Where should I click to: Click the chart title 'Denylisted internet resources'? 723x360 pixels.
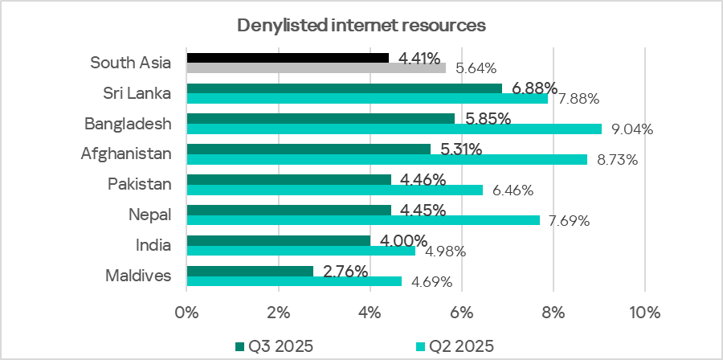point(361,26)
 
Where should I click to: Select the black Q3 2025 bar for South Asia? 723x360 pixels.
point(288,58)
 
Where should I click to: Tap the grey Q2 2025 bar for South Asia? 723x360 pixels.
point(317,68)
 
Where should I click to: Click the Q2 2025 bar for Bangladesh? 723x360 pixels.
point(394,129)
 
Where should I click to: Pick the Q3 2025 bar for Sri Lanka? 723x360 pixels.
point(344,88)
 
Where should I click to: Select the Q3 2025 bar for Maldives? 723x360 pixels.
point(250,271)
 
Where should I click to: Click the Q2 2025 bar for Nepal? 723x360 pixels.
point(363,220)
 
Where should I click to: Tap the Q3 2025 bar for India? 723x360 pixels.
point(278,240)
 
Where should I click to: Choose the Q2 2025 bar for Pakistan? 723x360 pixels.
point(335,190)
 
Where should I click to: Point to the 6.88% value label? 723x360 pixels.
point(533,88)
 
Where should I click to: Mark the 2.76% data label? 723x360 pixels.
point(345,271)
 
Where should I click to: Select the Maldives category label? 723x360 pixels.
point(138,276)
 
